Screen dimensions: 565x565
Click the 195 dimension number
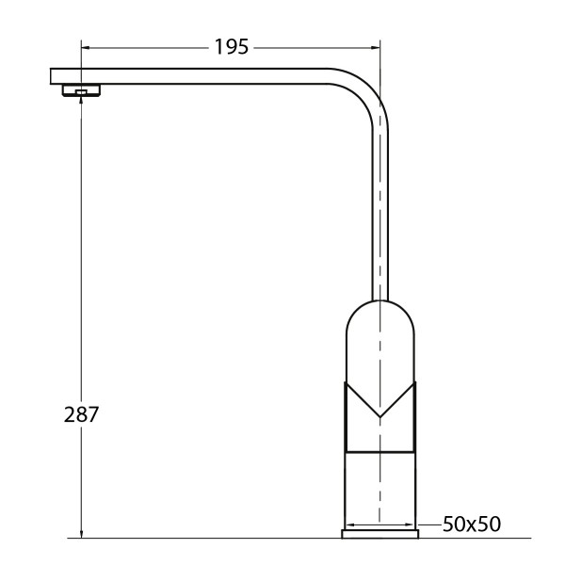(231, 47)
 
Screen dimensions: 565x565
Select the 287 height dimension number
(82, 413)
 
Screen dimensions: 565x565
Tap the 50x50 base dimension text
(471, 524)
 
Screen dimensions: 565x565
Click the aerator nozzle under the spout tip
(81, 90)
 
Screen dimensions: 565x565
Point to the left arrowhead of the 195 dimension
(85, 47)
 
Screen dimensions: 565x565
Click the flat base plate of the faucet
(379, 535)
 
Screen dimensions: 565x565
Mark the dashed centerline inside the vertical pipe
(379, 207)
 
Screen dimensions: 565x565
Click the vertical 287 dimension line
(81, 282)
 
